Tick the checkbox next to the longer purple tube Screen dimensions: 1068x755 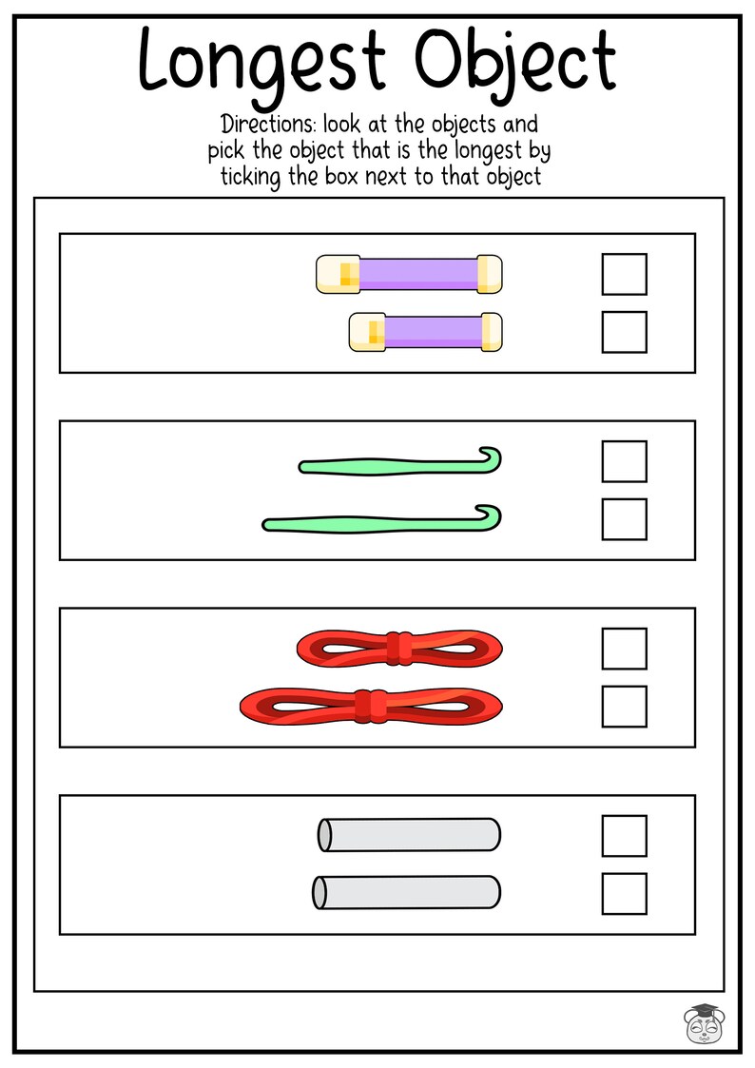(624, 274)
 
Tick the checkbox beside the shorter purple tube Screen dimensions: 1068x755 (624, 332)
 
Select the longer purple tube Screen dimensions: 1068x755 (409, 274)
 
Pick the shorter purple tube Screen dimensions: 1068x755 (425, 332)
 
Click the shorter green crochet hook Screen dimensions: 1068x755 (399, 464)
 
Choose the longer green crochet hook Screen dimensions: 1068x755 (380, 522)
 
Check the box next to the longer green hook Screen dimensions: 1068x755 (624, 519)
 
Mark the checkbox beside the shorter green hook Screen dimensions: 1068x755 (624, 461)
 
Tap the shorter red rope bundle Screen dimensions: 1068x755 (399, 649)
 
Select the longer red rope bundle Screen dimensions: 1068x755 (371, 706)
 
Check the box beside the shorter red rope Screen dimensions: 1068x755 (624, 649)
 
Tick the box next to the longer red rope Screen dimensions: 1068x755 (624, 706)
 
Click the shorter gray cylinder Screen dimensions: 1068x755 (409, 835)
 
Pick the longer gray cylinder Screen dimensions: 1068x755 (406, 892)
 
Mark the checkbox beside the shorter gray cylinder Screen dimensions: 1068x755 (624, 835)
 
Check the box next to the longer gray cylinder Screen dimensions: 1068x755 (624, 893)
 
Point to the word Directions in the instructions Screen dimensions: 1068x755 (259, 125)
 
